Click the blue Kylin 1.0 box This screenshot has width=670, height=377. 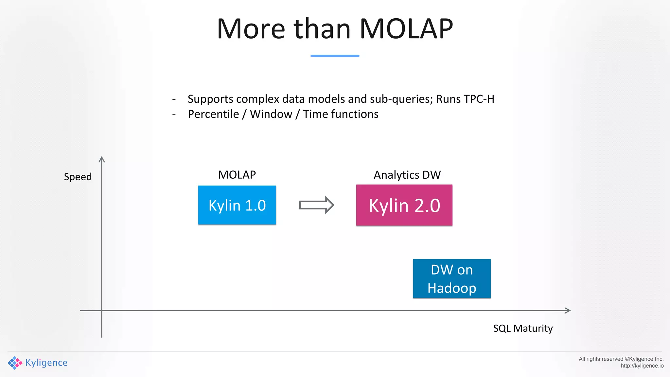[x=237, y=205]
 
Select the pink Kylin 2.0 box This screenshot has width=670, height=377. [x=404, y=205]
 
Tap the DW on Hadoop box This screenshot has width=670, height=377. [x=451, y=278]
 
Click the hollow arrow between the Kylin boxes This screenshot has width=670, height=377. [x=316, y=205]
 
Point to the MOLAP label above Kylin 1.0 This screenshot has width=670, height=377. [x=237, y=175]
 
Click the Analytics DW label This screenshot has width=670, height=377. [x=407, y=175]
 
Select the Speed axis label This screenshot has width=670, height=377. [x=78, y=177]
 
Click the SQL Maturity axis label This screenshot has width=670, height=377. [x=523, y=328]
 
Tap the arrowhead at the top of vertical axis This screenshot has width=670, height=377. [x=102, y=159]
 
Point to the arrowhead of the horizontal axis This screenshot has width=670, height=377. [x=568, y=310]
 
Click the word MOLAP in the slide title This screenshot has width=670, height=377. [x=406, y=29]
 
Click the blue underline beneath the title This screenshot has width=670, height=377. [x=335, y=56]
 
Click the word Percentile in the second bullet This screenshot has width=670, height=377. [x=213, y=114]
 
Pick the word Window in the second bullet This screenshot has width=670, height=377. [x=271, y=114]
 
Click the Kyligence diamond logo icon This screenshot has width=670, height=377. [x=15, y=363]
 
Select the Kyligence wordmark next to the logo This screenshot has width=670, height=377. [x=46, y=363]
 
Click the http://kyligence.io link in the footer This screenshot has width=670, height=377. [x=642, y=366]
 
